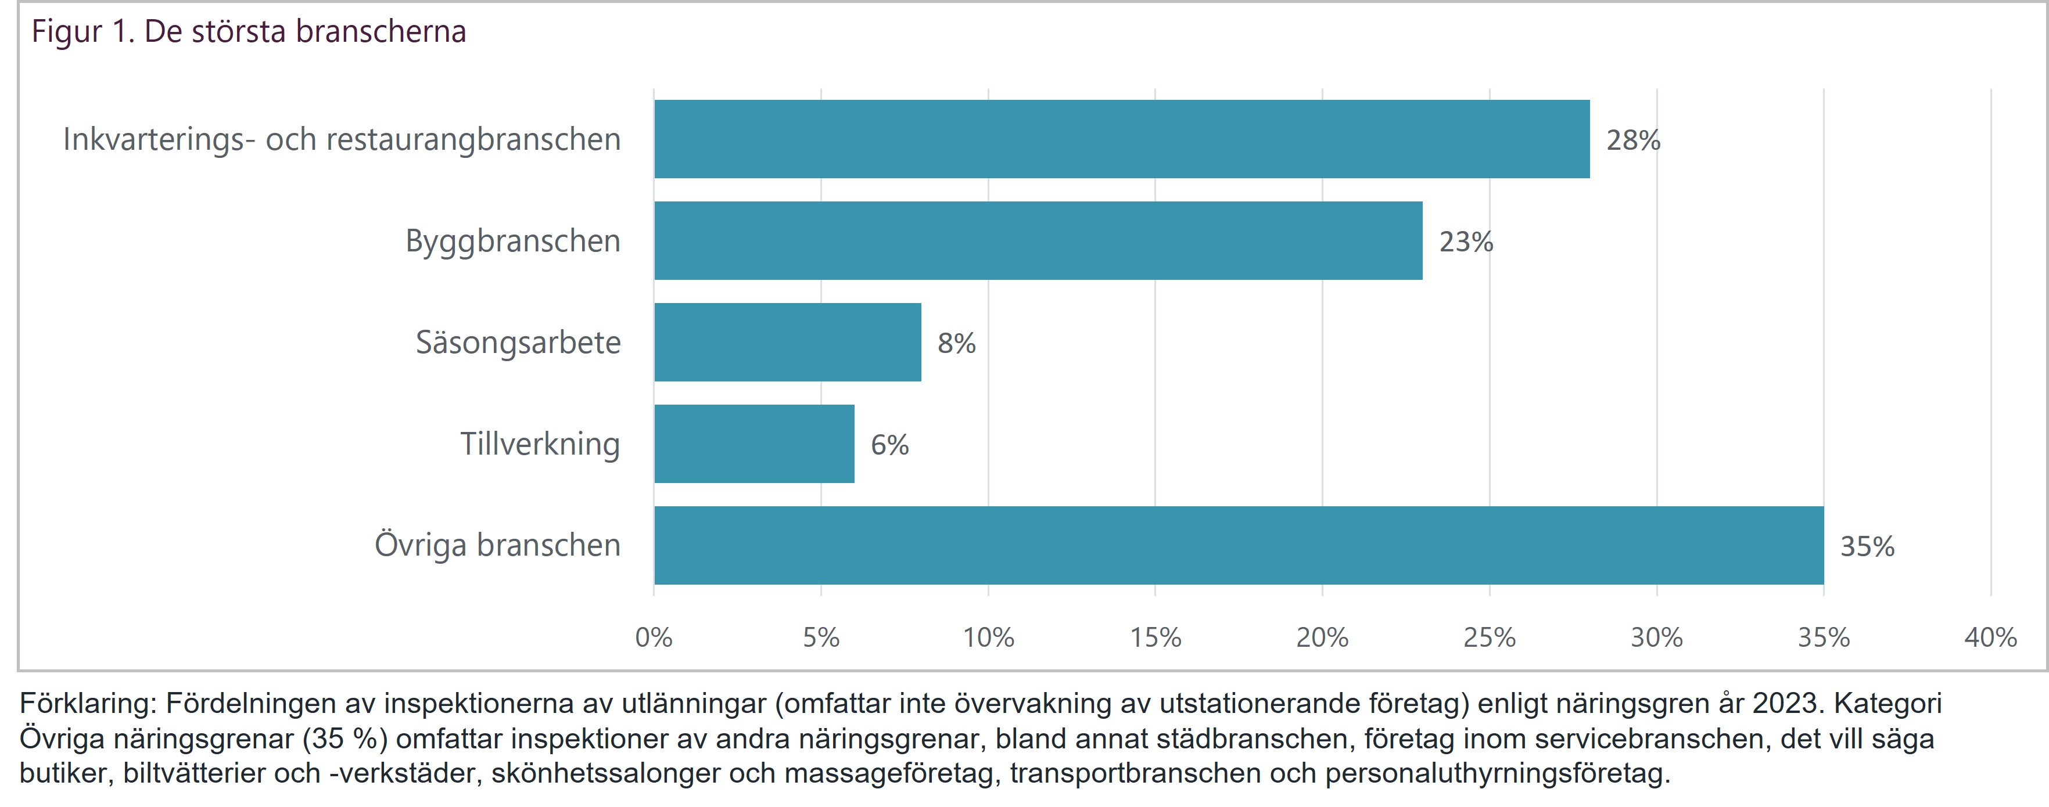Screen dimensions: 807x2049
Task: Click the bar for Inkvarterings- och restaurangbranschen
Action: point(1122,139)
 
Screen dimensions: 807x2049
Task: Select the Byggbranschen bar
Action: point(1038,241)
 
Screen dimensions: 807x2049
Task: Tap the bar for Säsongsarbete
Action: point(787,342)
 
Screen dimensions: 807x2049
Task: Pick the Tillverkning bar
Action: point(754,444)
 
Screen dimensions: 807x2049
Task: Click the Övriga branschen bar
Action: point(1239,545)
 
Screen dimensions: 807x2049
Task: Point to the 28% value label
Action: point(1633,140)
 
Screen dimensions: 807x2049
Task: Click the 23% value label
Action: point(1466,242)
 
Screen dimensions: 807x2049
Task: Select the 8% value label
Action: point(956,344)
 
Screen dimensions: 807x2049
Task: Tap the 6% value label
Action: point(889,445)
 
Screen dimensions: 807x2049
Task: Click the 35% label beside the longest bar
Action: point(1867,547)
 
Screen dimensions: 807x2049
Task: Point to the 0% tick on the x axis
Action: point(654,637)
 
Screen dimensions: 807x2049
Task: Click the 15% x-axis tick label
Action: point(1155,637)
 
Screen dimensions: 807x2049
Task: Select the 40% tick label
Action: point(1990,637)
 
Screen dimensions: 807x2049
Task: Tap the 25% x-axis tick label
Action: point(1489,637)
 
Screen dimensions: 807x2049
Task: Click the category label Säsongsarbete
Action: point(518,343)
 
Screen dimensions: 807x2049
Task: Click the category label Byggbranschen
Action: point(513,241)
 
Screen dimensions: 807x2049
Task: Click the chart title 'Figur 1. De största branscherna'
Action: point(248,32)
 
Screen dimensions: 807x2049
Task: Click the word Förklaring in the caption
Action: point(88,704)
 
